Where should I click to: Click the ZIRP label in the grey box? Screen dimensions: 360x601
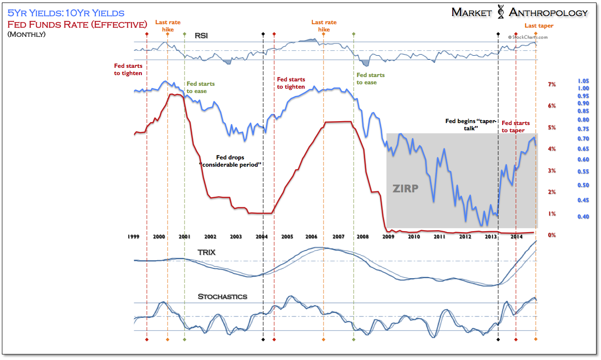(x=405, y=188)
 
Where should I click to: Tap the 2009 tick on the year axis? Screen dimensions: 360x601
(x=388, y=236)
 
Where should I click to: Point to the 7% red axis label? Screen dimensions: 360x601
(x=552, y=85)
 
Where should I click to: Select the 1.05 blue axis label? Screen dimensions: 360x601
(x=583, y=81)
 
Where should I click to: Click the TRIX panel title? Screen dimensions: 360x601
(x=206, y=252)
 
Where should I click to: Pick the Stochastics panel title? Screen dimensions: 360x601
(x=222, y=296)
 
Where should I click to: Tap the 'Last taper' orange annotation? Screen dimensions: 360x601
(x=539, y=26)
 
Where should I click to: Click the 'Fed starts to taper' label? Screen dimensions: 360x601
(x=515, y=126)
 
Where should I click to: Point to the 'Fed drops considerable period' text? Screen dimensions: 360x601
(x=230, y=161)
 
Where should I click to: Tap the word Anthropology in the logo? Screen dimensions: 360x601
(x=548, y=13)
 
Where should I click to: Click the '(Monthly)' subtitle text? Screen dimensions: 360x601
(x=27, y=34)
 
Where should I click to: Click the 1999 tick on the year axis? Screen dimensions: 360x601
(x=134, y=236)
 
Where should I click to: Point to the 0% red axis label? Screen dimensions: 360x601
(x=551, y=235)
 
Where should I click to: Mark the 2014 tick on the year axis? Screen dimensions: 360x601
(x=516, y=236)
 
